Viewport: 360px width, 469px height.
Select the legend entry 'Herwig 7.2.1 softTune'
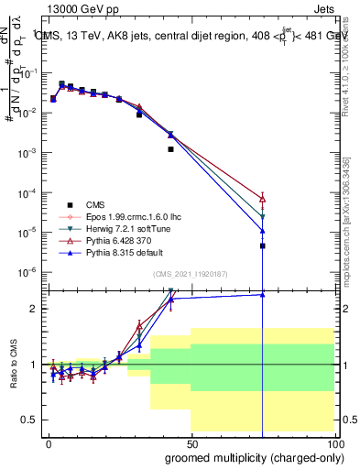click(x=122, y=228)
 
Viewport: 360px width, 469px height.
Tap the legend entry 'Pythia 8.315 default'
click(x=119, y=252)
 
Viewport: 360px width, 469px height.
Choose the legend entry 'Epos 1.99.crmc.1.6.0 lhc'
click(x=128, y=216)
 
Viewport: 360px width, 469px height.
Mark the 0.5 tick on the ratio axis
click(x=32, y=420)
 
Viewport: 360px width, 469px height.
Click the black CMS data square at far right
click(x=263, y=245)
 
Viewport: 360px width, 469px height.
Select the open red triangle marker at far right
click(x=263, y=199)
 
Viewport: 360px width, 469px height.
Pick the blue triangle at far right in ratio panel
click(x=263, y=294)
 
